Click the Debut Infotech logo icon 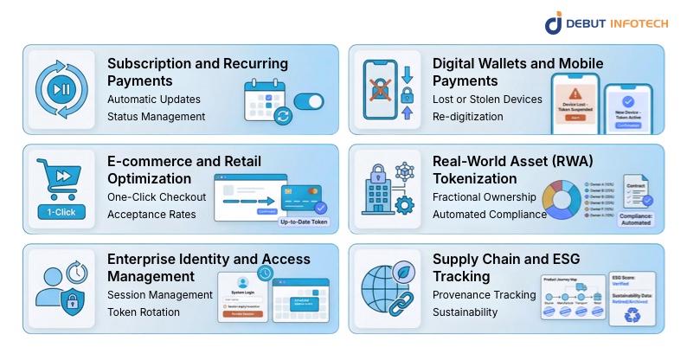click(554, 22)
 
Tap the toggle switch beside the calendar click(308, 102)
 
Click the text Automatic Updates click(154, 100)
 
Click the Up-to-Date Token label click(304, 222)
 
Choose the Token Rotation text click(144, 312)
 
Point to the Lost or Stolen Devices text click(488, 100)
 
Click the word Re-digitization click(468, 117)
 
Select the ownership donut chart click(563, 198)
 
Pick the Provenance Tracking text click(485, 295)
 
